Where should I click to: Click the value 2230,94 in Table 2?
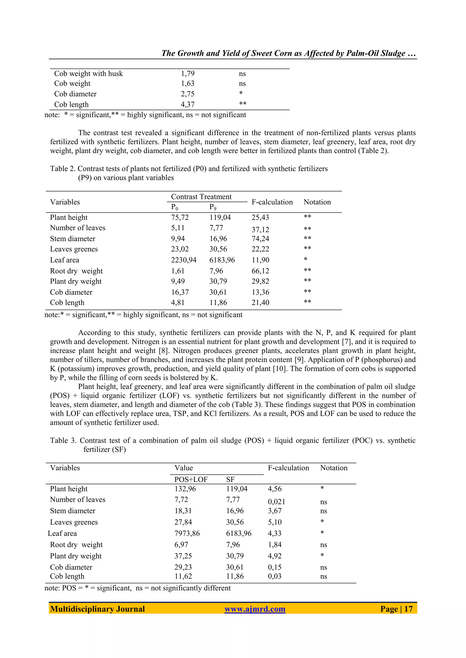pyautogui.click(x=184, y=260)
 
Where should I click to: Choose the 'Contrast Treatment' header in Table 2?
pyautogui.click(x=201, y=197)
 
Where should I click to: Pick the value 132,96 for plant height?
pyautogui.click(x=185, y=489)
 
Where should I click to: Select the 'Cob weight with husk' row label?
pyautogui.click(x=88, y=74)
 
